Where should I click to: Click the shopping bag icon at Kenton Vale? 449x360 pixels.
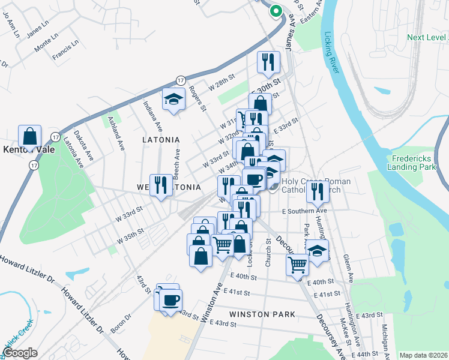pyautogui.click(x=29, y=136)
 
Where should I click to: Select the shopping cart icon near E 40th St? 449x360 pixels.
pyautogui.click(x=297, y=264)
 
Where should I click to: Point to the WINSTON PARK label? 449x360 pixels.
pyautogui.click(x=262, y=314)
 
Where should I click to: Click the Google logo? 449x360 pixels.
pyautogui.click(x=20, y=353)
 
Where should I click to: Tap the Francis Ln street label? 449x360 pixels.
pyautogui.click(x=65, y=50)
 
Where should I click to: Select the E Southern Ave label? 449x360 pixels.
pyautogui.click(x=304, y=211)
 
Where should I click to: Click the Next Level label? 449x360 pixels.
pyautogui.click(x=427, y=37)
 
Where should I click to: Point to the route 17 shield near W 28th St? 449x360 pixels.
pyautogui.click(x=181, y=80)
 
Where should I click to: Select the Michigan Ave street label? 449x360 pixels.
pyautogui.click(x=384, y=338)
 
